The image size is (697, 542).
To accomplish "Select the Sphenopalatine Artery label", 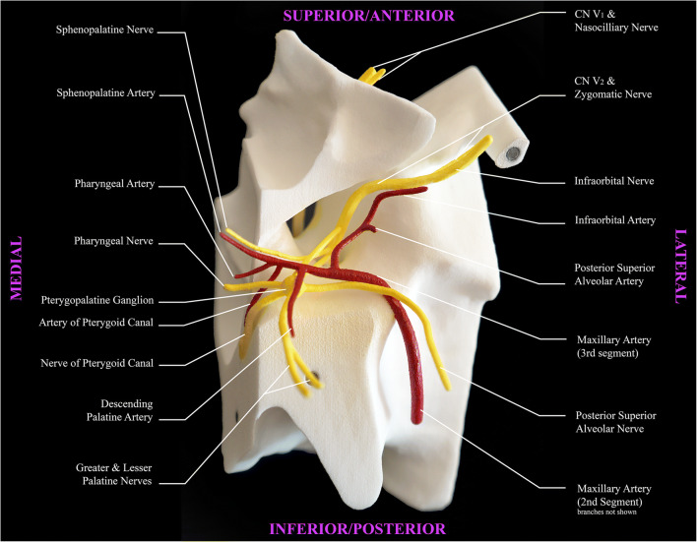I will [105, 94].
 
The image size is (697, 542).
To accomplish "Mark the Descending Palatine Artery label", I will [124, 411].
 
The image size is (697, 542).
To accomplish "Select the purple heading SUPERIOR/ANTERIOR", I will [369, 16].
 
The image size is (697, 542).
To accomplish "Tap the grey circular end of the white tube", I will [514, 154].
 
